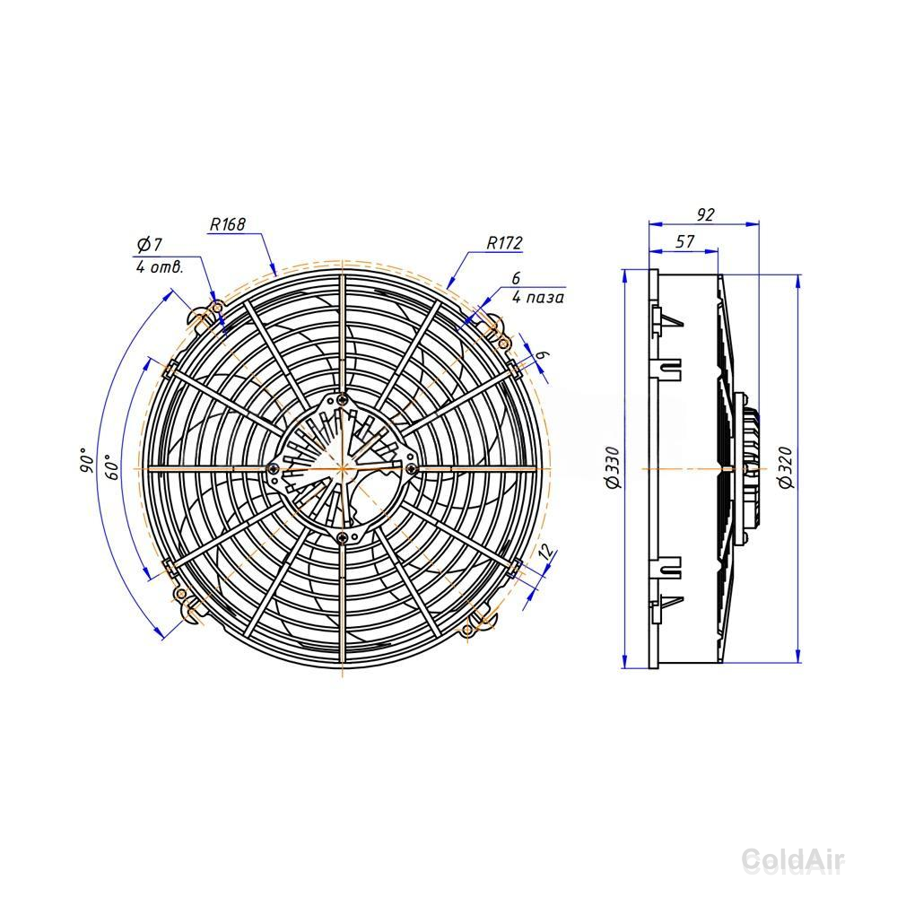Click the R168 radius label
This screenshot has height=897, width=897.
[x=228, y=224]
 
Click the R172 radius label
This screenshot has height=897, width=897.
[x=504, y=242]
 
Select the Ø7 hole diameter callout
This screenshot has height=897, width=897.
[x=149, y=245]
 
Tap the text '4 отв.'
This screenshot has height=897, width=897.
[x=160, y=267]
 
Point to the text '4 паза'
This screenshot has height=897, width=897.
[x=537, y=298]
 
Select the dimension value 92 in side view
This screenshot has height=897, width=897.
[x=705, y=214]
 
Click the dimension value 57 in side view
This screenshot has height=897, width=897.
[x=684, y=241]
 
